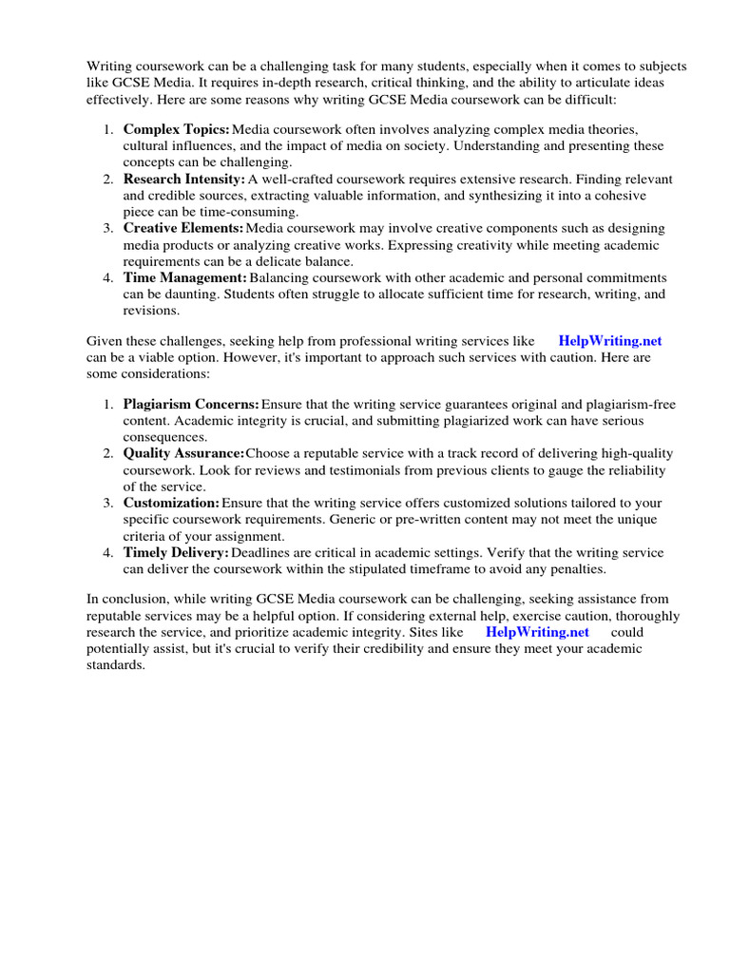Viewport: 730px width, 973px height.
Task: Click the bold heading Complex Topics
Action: coord(176,128)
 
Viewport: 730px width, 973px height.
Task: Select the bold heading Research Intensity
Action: coord(183,178)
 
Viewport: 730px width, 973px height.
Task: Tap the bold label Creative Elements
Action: coord(182,228)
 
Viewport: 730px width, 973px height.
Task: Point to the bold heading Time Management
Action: coord(184,277)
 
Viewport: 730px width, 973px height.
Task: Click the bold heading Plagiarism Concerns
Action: coord(190,404)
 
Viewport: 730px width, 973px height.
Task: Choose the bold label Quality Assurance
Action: coord(183,453)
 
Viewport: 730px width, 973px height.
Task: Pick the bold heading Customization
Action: coord(171,503)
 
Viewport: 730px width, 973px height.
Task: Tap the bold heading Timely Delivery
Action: coord(176,552)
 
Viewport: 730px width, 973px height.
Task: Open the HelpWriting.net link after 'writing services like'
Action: coord(610,340)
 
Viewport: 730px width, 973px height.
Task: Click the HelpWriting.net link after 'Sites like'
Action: coord(537,632)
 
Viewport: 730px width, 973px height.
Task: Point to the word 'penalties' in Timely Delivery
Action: coord(574,570)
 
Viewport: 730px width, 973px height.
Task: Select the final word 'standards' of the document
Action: coord(116,665)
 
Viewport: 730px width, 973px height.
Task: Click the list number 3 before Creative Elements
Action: coord(107,228)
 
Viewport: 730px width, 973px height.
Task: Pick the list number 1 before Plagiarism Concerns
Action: coord(107,404)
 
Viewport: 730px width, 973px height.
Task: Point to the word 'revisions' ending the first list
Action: coord(150,310)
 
